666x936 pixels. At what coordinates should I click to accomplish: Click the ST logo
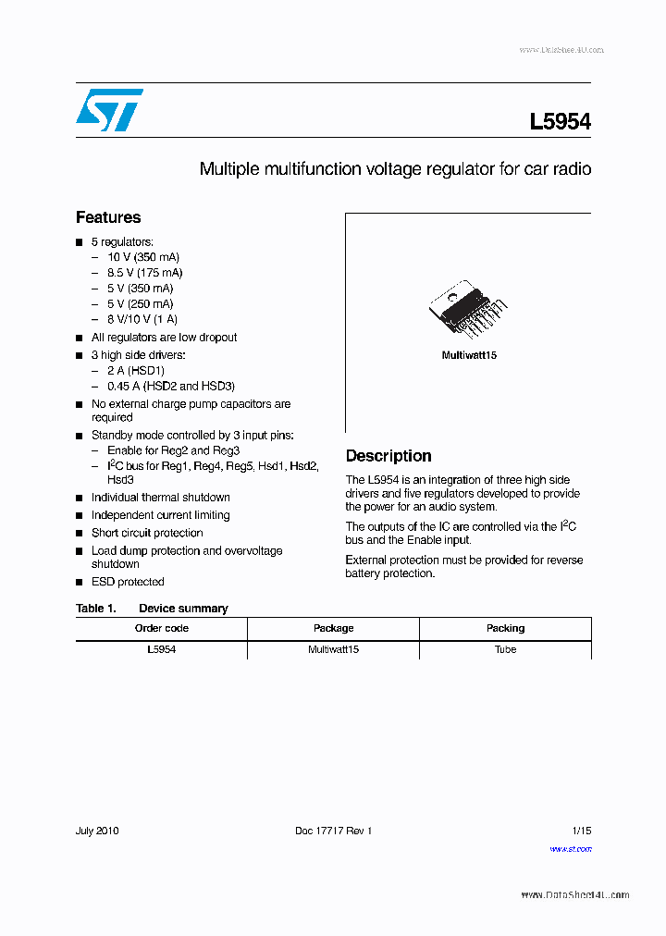click(110, 110)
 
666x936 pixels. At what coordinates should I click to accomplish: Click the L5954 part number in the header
click(560, 122)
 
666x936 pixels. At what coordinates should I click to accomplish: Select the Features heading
click(108, 217)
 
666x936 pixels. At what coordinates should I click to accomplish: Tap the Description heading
click(388, 456)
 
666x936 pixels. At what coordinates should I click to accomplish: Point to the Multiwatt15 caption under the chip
click(469, 356)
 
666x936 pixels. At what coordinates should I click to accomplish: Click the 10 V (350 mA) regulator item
click(143, 257)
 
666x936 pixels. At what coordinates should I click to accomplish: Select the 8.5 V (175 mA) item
click(145, 273)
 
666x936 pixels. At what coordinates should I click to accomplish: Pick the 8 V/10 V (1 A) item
click(142, 319)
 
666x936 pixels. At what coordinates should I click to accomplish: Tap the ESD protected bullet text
click(128, 582)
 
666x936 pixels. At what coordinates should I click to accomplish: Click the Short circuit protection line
click(147, 533)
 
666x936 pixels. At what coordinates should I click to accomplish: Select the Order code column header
click(162, 628)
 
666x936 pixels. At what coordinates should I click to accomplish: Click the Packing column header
click(505, 628)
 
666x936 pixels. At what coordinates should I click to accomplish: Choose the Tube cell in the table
click(505, 649)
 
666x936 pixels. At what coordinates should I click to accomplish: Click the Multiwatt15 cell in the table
click(333, 649)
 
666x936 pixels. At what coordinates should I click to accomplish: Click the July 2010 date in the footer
click(97, 831)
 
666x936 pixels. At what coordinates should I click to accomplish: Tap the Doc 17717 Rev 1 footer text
click(333, 831)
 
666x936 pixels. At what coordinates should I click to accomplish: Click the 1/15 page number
click(580, 831)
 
